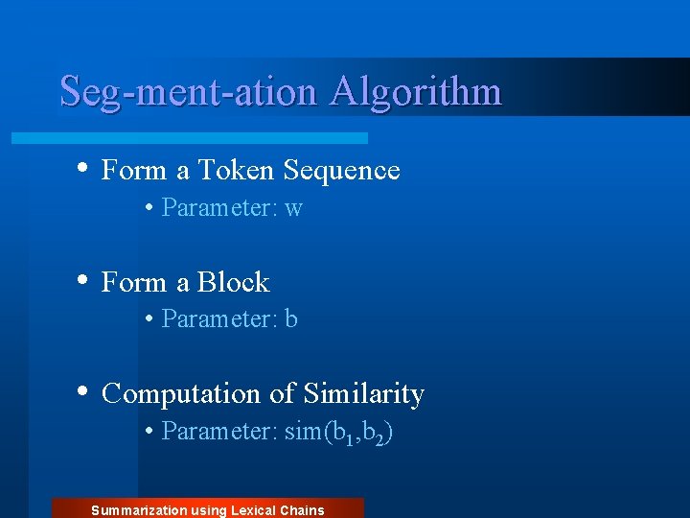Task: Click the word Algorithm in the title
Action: pyautogui.click(x=416, y=92)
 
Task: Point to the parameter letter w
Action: pyautogui.click(x=293, y=208)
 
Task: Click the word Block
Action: pyautogui.click(x=234, y=282)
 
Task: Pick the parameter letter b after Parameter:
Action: pyautogui.click(x=291, y=319)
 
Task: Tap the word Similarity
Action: pyautogui.click(x=363, y=394)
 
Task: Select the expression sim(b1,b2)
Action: pyautogui.click(x=339, y=433)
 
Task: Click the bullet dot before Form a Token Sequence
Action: pyautogui.click(x=84, y=169)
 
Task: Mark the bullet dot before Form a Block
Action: pyautogui.click(x=84, y=280)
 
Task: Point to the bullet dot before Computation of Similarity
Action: pyautogui.click(x=84, y=391)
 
